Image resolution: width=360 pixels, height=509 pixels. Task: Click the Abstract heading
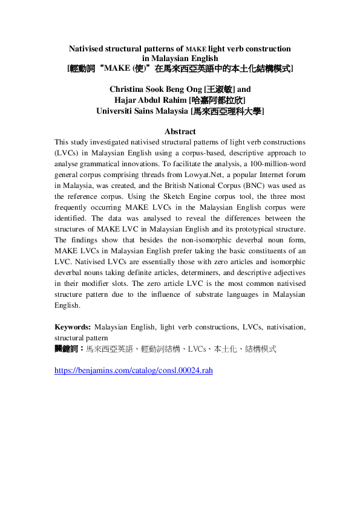pyautogui.click(x=180, y=131)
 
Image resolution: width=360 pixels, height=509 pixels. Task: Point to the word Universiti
pyautogui.click(x=116, y=111)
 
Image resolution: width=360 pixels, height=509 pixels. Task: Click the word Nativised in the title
pyautogui.click(x=91, y=48)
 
